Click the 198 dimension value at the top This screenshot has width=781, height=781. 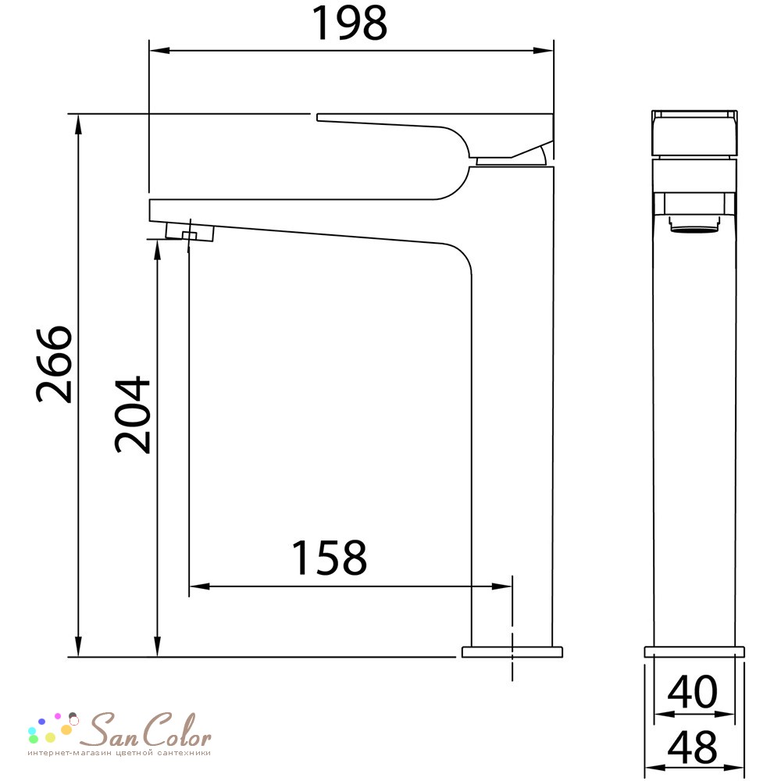coord(348,23)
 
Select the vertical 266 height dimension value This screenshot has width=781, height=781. coord(55,364)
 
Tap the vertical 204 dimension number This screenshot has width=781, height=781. coord(132,415)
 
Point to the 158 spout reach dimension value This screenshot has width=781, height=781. coord(329,558)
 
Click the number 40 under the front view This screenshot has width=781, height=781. coord(692,692)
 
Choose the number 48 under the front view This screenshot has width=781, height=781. coord(692,747)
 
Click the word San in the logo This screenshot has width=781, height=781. coord(106,730)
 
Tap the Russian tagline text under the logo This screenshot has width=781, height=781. coord(119,753)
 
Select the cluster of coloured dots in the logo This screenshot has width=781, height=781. coord(53,727)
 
